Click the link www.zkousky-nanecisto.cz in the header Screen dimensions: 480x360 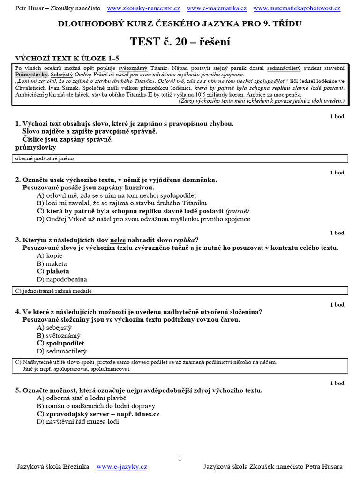143,8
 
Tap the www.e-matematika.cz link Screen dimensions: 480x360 217,8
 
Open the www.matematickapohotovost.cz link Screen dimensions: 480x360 297,8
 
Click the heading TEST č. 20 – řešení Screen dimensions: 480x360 180,42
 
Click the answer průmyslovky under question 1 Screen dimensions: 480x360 36,147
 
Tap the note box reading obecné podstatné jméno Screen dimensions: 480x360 45,159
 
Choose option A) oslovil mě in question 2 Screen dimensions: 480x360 116,195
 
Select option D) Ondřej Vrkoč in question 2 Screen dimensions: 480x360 143,219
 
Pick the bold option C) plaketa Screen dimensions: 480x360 52,271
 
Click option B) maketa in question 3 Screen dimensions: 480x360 52,263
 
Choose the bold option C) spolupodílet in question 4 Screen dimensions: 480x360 60,343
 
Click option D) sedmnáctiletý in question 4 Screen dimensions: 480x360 61,351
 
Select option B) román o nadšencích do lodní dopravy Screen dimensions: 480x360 96,406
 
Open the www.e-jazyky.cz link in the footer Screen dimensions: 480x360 121,466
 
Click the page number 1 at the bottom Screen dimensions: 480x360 180,458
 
